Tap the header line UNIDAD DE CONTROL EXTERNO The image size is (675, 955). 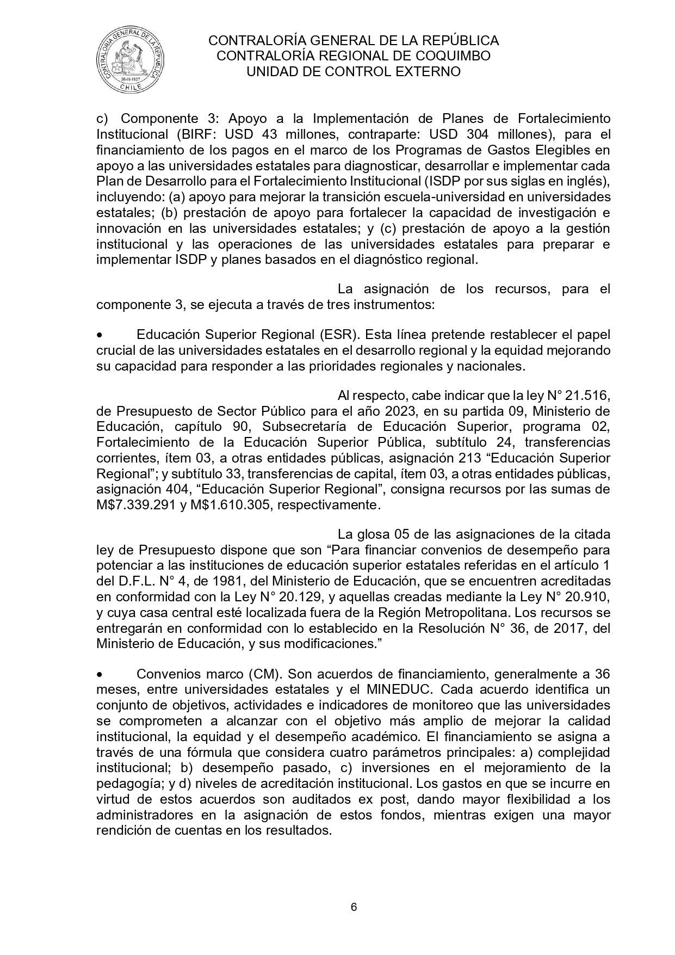(354, 72)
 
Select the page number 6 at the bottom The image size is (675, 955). (354, 907)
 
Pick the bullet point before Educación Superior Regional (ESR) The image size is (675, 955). (100, 334)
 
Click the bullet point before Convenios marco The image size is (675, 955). (100, 674)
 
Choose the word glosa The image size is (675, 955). (375, 534)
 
